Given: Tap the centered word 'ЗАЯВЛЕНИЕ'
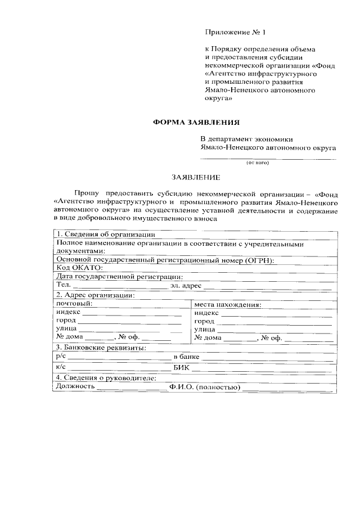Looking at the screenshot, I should pyautogui.click(x=196, y=177).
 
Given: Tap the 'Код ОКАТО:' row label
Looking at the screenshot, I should pyautogui.click(x=79, y=268).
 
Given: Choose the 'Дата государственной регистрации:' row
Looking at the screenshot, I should pyautogui.click(x=119, y=277).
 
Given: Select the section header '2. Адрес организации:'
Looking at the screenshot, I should pyautogui.click(x=95, y=295).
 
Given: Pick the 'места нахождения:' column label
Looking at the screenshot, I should pyautogui.click(x=228, y=304).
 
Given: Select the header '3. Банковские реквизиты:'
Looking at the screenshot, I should pyautogui.click(x=101, y=348).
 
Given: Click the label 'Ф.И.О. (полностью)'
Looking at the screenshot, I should pyautogui.click(x=204, y=387).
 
